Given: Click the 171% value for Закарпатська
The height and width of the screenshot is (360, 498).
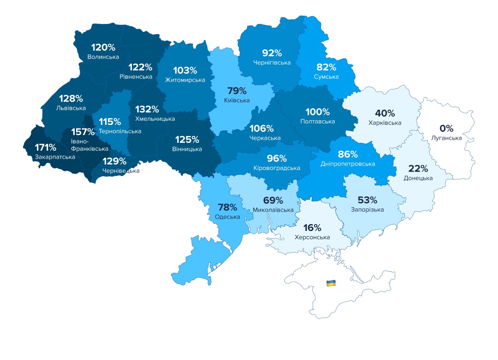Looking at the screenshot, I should [x=46, y=148].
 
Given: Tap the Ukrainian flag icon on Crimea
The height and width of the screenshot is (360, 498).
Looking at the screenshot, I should [x=331, y=283].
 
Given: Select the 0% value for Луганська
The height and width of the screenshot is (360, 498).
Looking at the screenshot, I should [x=446, y=128].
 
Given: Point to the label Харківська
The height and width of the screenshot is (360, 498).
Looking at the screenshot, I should [x=385, y=123].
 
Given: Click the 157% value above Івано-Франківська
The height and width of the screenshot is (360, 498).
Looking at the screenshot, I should [x=83, y=132].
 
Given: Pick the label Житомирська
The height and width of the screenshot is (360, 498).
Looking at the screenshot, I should [x=185, y=80].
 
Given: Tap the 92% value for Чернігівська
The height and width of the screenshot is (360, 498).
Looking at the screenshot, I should [x=272, y=53].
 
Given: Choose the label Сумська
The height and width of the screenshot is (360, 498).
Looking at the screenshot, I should [x=326, y=77].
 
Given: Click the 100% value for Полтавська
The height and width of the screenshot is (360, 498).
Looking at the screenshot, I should [x=318, y=112].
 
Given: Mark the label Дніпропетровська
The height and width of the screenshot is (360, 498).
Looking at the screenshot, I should [x=348, y=164].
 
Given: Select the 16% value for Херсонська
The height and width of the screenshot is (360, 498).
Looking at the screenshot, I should [x=312, y=228].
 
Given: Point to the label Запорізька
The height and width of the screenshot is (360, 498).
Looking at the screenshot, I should [x=368, y=210].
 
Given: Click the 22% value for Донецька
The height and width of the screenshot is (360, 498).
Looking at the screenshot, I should [x=418, y=168].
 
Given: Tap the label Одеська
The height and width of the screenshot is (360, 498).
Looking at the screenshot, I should [x=227, y=217].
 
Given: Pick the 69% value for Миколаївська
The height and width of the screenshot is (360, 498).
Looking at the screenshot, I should [x=273, y=201].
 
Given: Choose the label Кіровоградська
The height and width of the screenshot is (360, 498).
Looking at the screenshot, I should [x=277, y=168].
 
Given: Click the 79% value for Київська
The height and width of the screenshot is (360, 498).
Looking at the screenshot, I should [x=237, y=91].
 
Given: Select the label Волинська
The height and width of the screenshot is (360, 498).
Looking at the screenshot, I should [x=103, y=57].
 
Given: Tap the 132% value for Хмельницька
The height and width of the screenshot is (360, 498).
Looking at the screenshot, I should [x=147, y=109].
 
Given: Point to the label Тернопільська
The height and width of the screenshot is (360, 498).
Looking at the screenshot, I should [x=120, y=131].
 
